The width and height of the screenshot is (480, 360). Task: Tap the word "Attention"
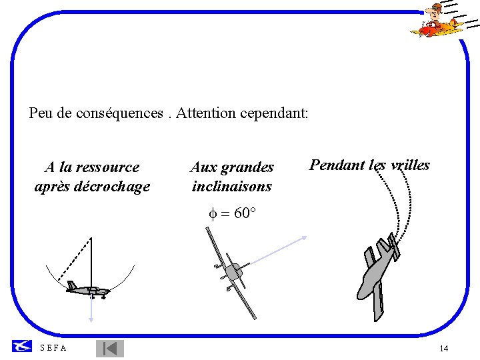[x=204, y=113]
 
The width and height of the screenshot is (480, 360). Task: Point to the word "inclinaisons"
[x=232, y=187]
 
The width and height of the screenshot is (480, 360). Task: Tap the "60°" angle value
[x=244, y=214]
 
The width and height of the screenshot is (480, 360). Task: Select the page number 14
[x=444, y=349]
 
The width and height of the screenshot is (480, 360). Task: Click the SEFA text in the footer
[x=53, y=348]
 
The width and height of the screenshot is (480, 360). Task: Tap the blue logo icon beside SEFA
[x=21, y=346]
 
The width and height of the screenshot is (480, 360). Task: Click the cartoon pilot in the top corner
[x=437, y=20]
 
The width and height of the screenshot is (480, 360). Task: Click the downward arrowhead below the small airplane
[x=91, y=320]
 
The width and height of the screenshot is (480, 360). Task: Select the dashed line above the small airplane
[x=74, y=259]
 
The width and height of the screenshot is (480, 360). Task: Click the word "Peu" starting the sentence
[x=41, y=113]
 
